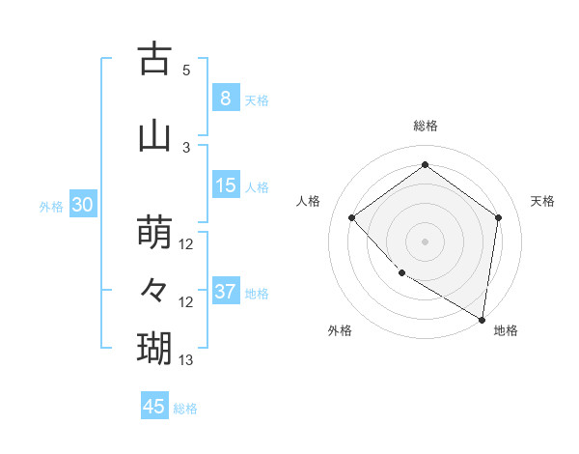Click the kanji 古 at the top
[x=154, y=59]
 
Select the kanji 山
[x=154, y=135]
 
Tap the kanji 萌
[x=154, y=232]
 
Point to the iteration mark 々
[x=154, y=289]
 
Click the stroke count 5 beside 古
[x=186, y=71]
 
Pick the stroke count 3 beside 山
[x=186, y=147]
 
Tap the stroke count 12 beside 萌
[x=186, y=244]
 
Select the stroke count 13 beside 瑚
[x=186, y=360]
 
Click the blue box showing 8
[x=225, y=98]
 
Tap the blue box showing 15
[x=226, y=185]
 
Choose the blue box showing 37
[x=226, y=292]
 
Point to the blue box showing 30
[x=82, y=205]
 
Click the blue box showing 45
[x=154, y=407]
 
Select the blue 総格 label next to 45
[x=185, y=408]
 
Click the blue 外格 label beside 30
[x=51, y=206]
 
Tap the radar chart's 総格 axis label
[x=426, y=126]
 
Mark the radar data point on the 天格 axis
[x=498, y=217]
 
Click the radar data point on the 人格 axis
[x=352, y=217]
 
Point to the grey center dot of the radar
[x=425, y=241]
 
